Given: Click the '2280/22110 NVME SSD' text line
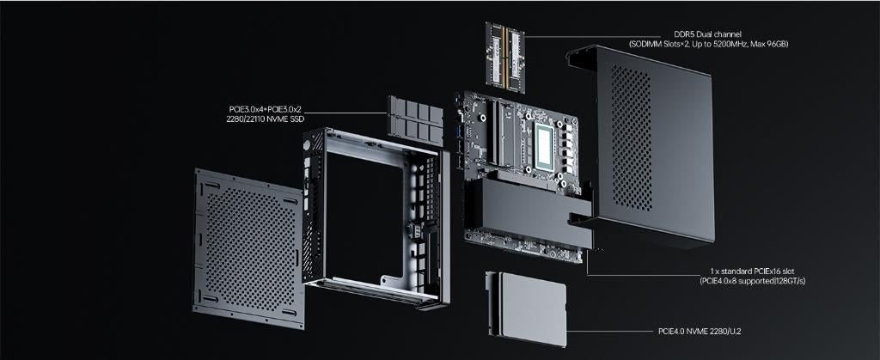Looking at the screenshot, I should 261,120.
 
